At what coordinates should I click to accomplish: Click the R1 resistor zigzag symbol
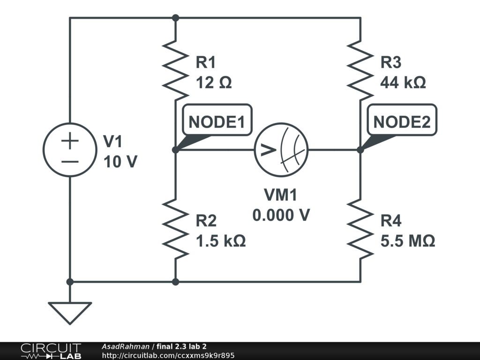(175, 69)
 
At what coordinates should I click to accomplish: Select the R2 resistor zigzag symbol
(175, 228)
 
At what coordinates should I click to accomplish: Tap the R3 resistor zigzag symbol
(360, 69)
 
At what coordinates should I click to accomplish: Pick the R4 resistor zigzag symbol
(360, 228)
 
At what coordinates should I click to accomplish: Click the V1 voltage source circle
(70, 150)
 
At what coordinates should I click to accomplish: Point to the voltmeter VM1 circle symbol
(281, 150)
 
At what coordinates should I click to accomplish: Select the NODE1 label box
(217, 122)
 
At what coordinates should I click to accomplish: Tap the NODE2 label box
(402, 122)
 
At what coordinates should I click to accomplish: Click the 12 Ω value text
(214, 83)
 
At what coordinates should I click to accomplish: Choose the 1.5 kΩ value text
(221, 241)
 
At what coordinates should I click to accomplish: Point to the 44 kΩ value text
(403, 83)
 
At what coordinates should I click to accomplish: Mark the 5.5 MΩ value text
(408, 241)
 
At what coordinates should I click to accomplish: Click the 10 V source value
(120, 162)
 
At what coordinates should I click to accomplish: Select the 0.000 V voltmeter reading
(281, 215)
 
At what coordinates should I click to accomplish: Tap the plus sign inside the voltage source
(70, 141)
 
